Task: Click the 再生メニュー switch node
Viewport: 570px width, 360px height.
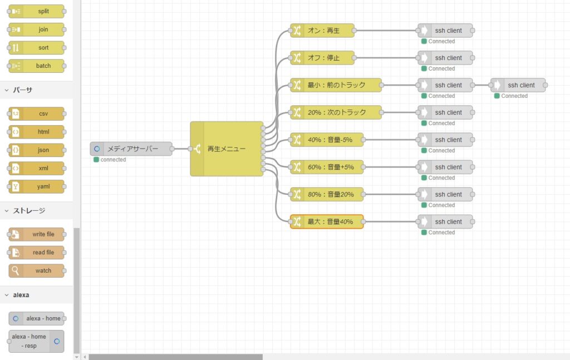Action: pos(227,149)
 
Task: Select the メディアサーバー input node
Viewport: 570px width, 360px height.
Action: pos(131,149)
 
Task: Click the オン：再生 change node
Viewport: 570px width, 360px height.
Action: pos(322,31)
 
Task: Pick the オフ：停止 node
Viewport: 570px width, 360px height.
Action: pos(322,58)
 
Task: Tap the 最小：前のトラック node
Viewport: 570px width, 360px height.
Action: pos(336,85)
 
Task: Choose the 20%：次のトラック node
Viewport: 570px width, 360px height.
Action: pos(336,112)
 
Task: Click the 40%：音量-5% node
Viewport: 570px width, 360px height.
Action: pos(327,140)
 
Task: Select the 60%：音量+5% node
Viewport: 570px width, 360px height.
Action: pos(327,167)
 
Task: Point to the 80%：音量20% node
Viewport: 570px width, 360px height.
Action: pos(327,194)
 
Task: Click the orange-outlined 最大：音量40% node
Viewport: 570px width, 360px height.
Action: pos(327,221)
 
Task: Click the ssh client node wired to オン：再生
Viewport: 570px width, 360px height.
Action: pos(445,31)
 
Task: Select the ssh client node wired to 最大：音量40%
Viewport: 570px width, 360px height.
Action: pos(445,221)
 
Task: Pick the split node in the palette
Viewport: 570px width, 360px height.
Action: pos(36,11)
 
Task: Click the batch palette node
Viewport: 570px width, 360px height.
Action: pos(36,66)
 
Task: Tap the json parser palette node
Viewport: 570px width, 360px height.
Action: pos(36,150)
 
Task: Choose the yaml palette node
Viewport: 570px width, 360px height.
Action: pos(36,186)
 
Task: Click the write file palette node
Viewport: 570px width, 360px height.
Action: pos(36,234)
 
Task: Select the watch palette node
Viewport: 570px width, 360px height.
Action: pos(36,270)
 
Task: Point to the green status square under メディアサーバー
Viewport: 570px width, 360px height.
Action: pos(96,160)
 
